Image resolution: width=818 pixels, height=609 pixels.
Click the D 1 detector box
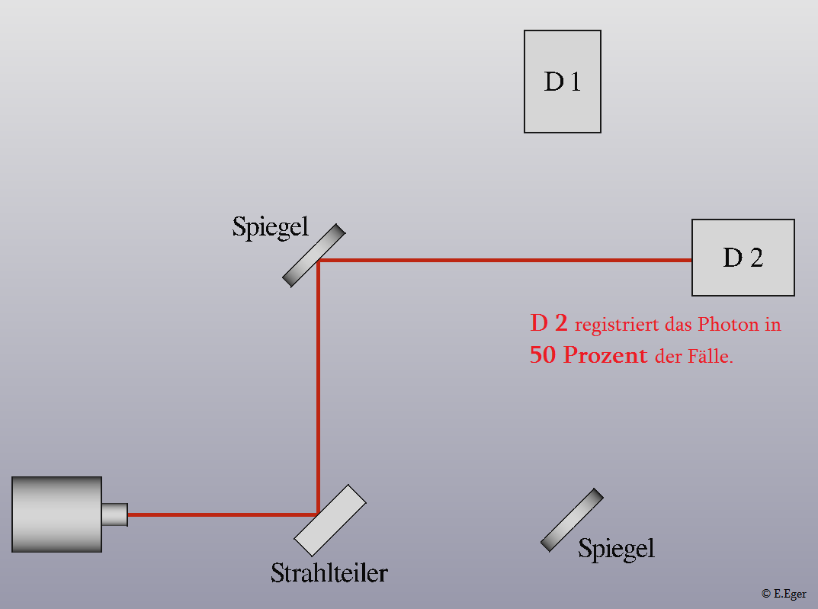tap(563, 82)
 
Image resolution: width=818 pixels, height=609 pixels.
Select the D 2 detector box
tap(743, 258)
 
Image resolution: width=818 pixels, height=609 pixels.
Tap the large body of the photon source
tap(56, 514)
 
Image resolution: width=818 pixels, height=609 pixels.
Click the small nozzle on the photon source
tap(115, 514)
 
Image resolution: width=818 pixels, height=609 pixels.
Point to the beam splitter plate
tap(330, 521)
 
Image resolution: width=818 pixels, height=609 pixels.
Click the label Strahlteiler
tap(329, 573)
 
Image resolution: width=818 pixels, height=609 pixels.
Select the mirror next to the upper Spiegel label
tap(313, 255)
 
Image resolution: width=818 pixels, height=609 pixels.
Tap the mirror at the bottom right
tap(572, 520)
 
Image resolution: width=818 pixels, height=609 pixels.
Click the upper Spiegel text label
tap(270, 227)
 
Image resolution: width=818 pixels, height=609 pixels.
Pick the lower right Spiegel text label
tap(616, 549)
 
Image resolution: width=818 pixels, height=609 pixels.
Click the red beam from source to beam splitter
tap(223, 514)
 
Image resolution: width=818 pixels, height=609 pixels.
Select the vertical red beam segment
tap(318, 387)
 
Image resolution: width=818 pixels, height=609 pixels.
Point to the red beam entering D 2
tap(505, 260)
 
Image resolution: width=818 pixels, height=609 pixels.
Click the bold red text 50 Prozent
tap(589, 355)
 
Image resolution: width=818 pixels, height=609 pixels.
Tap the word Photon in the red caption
tap(729, 324)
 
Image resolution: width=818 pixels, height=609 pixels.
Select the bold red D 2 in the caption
tap(549, 323)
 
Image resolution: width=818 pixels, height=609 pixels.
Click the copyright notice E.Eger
tap(784, 594)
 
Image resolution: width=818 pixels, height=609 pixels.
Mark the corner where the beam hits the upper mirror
tap(318, 260)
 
